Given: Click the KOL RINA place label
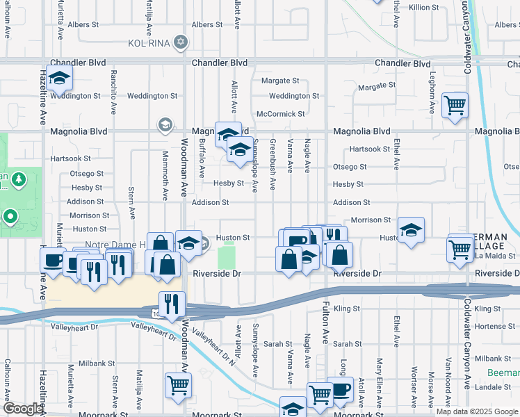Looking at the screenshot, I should tap(149, 42).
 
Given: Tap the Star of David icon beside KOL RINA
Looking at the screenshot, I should tap(181, 42).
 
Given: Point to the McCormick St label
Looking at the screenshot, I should tap(281, 113).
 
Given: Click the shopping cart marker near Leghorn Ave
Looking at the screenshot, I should tap(455, 106).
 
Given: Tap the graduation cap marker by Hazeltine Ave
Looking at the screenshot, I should tap(60, 80).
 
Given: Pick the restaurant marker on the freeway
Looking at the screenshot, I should tap(171, 304).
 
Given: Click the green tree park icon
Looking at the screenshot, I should tap(18, 179).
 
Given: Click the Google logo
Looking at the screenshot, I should tap(22, 409).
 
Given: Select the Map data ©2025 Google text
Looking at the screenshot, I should tap(476, 411).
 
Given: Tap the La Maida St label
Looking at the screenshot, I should tap(495, 256).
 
